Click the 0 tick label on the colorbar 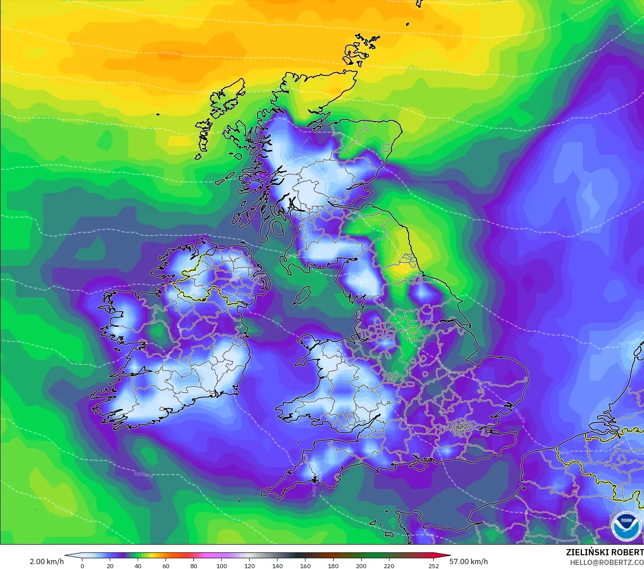(82, 565)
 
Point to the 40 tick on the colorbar (138, 565)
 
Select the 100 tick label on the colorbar (222, 565)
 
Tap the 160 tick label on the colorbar (305, 565)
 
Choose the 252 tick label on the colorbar (434, 565)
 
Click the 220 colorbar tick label (389, 565)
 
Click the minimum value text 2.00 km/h (47, 561)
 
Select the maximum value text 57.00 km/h (469, 561)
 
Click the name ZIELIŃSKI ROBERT (605, 552)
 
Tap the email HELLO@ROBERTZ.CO (606, 562)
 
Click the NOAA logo (625, 526)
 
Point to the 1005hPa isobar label (144, 474)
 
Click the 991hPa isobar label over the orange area (170, 53)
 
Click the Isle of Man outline (302, 295)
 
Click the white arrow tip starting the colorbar (67, 556)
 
